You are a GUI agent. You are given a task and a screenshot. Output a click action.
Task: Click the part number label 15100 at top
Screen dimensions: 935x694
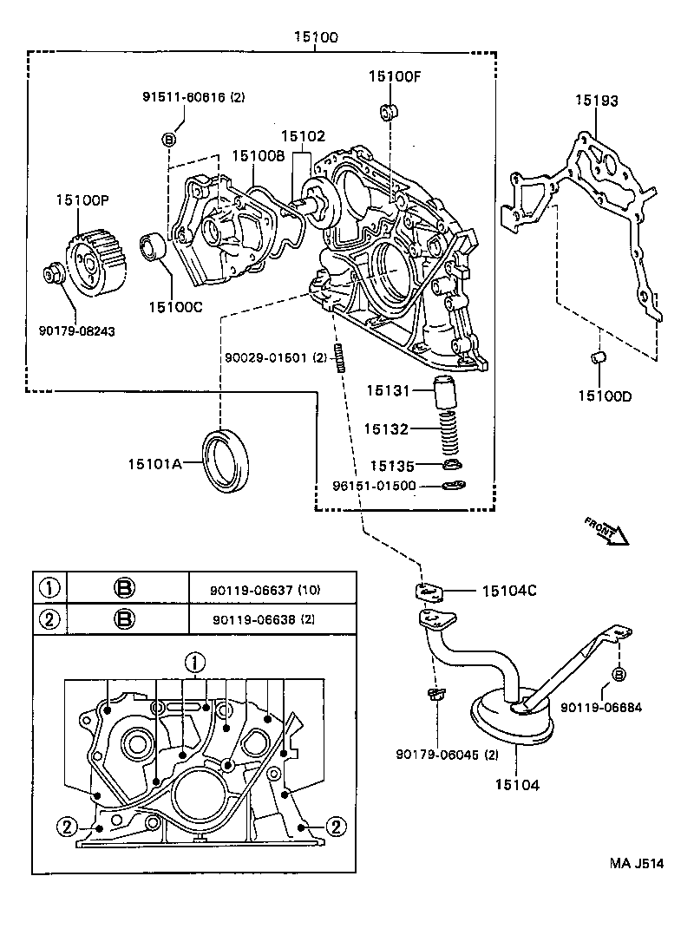[316, 37]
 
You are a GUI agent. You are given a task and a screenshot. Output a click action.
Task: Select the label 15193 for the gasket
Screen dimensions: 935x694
[596, 101]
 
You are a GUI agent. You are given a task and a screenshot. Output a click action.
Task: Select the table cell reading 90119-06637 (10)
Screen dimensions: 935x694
[259, 590]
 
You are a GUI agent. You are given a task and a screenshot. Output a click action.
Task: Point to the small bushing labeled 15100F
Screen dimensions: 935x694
[387, 112]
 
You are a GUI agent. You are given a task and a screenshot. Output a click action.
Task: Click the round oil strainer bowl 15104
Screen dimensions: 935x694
[514, 715]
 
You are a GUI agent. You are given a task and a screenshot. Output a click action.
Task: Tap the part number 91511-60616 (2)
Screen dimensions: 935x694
[194, 98]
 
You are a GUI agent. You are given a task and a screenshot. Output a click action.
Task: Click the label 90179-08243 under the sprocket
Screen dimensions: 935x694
[77, 331]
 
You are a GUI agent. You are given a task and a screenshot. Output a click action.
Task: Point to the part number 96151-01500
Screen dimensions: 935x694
[374, 486]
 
